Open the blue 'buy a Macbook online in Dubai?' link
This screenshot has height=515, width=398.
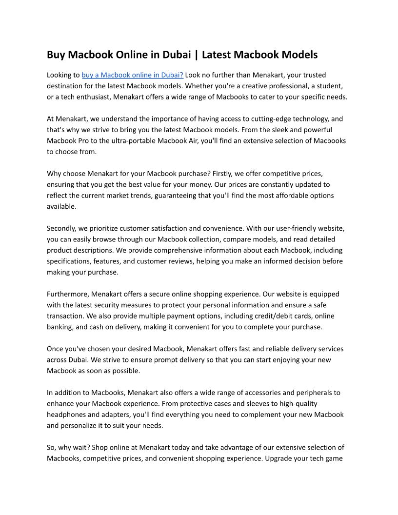[x=132, y=75]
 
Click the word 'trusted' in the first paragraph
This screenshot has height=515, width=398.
[x=314, y=75]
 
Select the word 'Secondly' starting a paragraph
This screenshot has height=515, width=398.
[x=61, y=228]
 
